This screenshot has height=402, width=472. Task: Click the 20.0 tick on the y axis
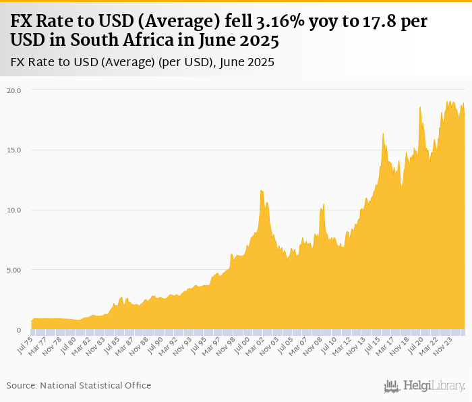tap(14, 90)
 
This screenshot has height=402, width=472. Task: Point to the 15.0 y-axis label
tap(14, 150)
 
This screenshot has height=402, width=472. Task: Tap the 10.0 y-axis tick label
tap(14, 210)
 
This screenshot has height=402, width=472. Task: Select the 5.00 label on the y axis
tap(14, 270)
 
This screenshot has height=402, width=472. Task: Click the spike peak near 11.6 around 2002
tap(261, 191)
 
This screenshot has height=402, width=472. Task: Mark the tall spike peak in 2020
tap(419, 107)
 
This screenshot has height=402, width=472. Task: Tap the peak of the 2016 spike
tap(383, 134)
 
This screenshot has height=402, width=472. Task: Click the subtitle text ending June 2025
tap(143, 63)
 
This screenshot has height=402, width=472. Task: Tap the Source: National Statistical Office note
tap(79, 385)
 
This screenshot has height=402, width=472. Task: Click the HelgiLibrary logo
tap(424, 386)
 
